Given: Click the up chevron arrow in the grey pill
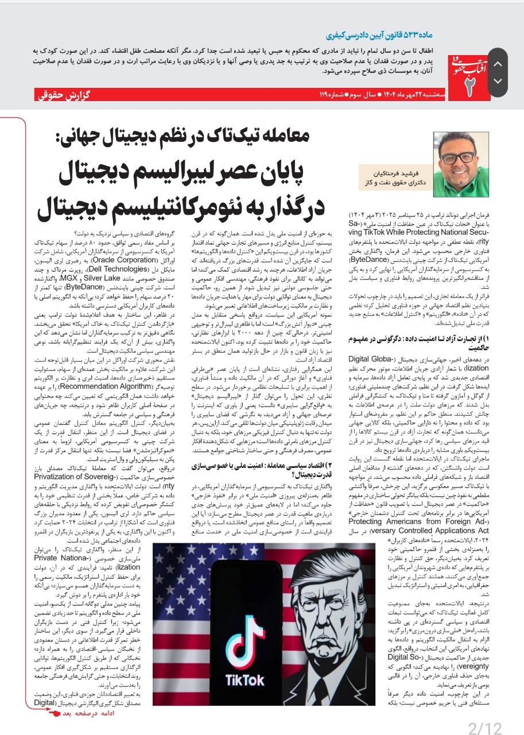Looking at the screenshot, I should [x=498, y=64].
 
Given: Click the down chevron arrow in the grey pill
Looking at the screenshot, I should [x=498, y=81].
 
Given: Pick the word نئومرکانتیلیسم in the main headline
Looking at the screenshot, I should [x=129, y=208].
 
